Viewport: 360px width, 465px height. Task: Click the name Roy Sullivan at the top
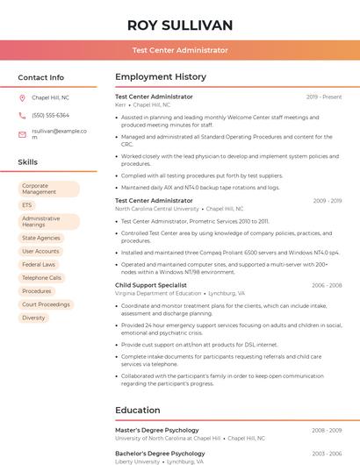pos(180,25)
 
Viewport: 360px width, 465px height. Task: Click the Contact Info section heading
pos(41,77)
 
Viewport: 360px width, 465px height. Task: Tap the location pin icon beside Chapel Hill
pos(22,98)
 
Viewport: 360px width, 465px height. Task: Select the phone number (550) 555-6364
pos(50,115)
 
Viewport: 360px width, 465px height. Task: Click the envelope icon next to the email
pos(22,134)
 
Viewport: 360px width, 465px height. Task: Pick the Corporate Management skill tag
pos(48,189)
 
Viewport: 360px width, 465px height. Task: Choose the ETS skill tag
pos(27,205)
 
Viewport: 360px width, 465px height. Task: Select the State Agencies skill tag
pos(41,238)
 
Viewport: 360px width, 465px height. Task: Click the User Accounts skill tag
pos(40,251)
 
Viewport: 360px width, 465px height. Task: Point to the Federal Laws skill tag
pos(39,264)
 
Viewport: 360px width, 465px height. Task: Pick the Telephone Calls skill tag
pos(41,277)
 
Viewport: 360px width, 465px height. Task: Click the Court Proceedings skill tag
pos(46,304)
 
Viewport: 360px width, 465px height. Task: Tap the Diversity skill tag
pos(33,318)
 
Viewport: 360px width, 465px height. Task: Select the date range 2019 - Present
pos(324,97)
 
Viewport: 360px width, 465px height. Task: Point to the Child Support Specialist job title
pos(151,285)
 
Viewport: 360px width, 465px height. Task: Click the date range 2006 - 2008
pos(326,285)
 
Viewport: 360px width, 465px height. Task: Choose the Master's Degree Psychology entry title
pos(157,430)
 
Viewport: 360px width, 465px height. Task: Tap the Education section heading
pos(139,410)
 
